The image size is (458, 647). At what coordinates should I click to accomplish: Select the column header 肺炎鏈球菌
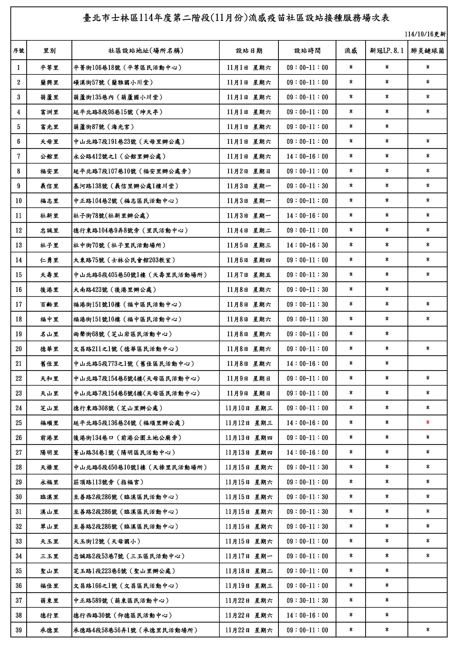[427, 51]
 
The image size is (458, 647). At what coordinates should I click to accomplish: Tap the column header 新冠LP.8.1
[387, 51]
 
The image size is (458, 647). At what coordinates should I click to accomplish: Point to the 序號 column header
[19, 51]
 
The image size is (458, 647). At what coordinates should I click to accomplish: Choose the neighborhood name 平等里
[49, 68]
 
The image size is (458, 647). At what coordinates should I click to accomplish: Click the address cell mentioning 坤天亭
[118, 112]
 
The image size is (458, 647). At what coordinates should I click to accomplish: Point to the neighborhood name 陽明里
[49, 452]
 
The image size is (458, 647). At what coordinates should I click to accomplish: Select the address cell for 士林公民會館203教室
[124, 260]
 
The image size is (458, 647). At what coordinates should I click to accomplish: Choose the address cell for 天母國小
[107, 541]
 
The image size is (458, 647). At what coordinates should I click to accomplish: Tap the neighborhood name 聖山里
[49, 571]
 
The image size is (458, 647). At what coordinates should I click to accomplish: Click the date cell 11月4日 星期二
[249, 230]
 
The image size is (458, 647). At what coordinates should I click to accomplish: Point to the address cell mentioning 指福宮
[109, 482]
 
